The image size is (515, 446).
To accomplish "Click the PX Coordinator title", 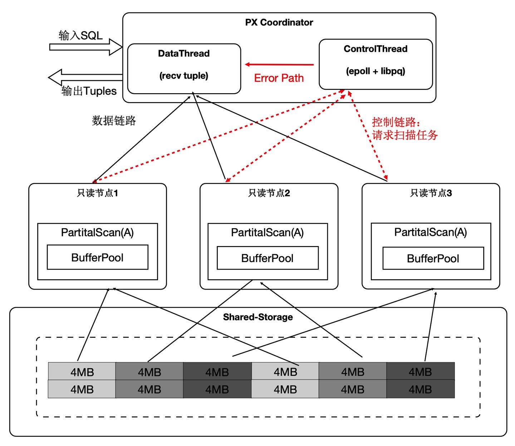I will [x=279, y=22].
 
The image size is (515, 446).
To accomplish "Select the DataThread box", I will [x=184, y=69].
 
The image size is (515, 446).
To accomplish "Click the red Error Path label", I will [x=279, y=78].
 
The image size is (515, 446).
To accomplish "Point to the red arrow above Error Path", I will [x=279, y=65].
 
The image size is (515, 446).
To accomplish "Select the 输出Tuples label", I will [x=89, y=91].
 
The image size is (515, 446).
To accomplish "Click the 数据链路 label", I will [x=114, y=121].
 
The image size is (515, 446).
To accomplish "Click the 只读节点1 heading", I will [x=97, y=193].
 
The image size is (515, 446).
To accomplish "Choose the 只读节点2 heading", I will [x=269, y=193].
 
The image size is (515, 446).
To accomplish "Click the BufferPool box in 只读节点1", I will [x=97, y=257].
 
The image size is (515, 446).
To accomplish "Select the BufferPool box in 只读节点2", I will [x=268, y=258].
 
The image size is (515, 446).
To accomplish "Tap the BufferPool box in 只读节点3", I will [x=433, y=259].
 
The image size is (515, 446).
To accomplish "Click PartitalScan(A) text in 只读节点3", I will [x=431, y=232].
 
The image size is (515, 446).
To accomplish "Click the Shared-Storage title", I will [x=257, y=317].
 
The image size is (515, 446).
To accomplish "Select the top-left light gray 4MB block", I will [x=82, y=372].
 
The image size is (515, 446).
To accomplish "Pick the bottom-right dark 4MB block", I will [x=420, y=389].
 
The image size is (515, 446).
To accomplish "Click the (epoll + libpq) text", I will [x=376, y=71].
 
